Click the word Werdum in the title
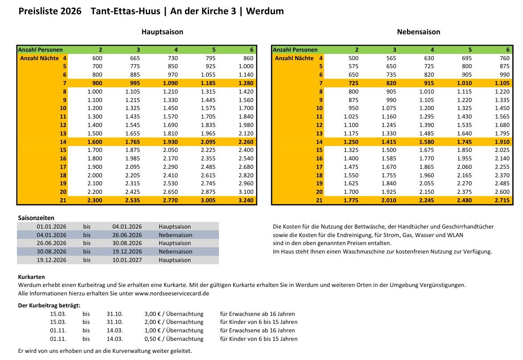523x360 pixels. (267, 11)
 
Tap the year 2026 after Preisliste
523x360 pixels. (70, 11)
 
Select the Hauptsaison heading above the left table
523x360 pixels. (162, 32)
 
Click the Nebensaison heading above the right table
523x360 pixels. (418, 32)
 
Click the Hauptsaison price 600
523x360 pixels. (97, 58)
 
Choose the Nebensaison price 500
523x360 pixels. (353, 58)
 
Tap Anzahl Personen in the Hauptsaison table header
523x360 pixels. (41, 49)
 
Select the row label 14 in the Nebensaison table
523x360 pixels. (319, 142)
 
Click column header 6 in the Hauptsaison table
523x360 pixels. (251, 49)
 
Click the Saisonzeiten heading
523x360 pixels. (36, 218)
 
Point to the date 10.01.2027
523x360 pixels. (127, 260)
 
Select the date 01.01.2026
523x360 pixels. (52, 226)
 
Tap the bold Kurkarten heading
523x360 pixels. (31, 277)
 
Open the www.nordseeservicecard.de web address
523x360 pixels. (172, 293)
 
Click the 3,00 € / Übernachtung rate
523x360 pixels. (174, 314)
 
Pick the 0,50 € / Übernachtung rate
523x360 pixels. (174, 339)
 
